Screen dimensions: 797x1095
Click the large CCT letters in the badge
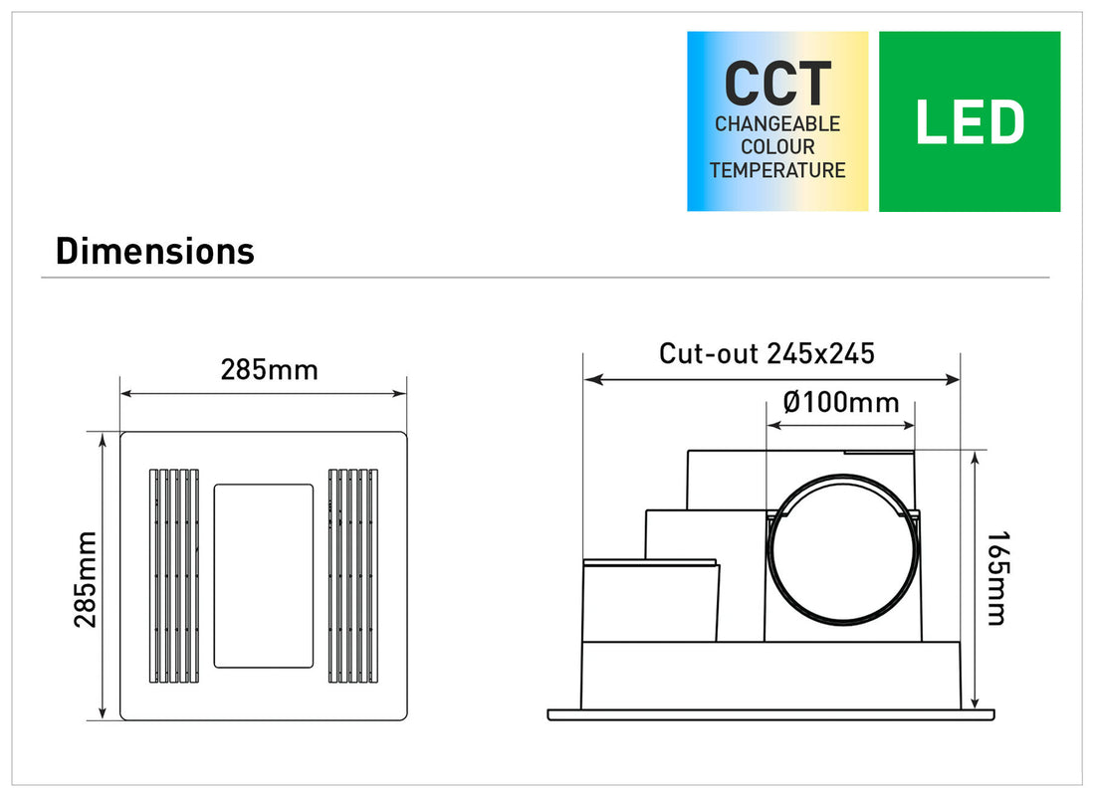click(x=777, y=84)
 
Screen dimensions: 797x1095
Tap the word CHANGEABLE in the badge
click(x=777, y=125)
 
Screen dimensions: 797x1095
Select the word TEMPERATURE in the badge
click(x=777, y=170)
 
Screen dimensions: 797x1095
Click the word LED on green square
click(x=969, y=123)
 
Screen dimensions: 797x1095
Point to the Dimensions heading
click(x=155, y=251)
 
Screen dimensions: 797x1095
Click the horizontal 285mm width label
click(x=269, y=370)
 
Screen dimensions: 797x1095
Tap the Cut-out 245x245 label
click(x=766, y=353)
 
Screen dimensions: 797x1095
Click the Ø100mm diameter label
click(x=841, y=403)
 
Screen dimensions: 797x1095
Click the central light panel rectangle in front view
click(x=264, y=575)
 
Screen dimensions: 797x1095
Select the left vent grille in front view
click(x=174, y=575)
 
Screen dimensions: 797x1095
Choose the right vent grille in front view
click(x=353, y=575)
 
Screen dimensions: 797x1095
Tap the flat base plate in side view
click(x=771, y=714)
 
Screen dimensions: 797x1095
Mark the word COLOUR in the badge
click(x=777, y=147)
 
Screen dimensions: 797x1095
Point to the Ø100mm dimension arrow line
click(x=840, y=426)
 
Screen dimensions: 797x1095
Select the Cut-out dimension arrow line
click(x=771, y=379)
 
